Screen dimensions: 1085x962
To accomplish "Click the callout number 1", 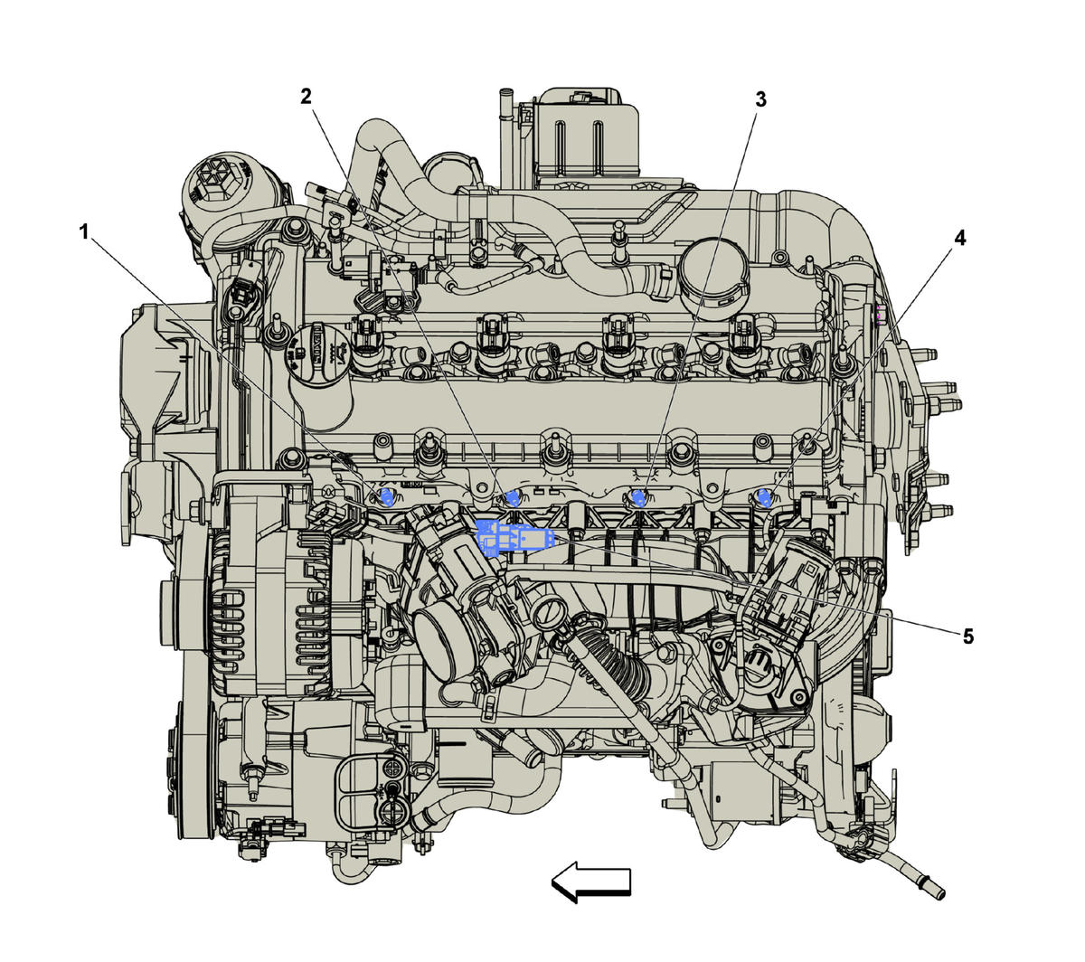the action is (x=83, y=232).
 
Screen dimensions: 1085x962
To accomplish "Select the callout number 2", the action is (x=306, y=97).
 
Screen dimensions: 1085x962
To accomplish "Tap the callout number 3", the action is (x=759, y=99).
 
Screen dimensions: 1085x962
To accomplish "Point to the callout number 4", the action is (x=959, y=238).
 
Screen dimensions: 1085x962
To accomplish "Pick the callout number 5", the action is (x=967, y=637).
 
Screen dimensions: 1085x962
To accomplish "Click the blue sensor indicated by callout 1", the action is (x=388, y=498).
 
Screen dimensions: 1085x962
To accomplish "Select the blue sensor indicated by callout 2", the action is (x=513, y=498).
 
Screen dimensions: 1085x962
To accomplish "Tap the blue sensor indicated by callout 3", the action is (x=639, y=498).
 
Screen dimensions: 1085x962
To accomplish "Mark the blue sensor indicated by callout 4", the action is (x=765, y=498).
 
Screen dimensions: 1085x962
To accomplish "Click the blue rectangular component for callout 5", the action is (x=514, y=537).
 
